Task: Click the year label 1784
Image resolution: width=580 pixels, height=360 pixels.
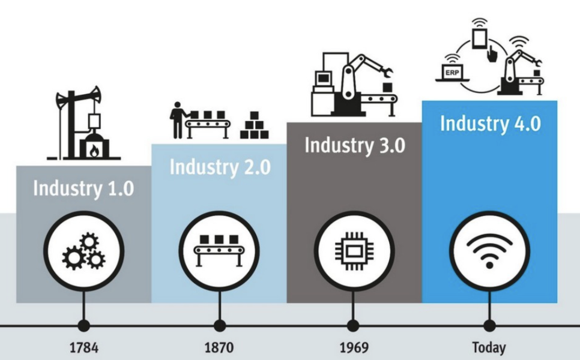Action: point(84,348)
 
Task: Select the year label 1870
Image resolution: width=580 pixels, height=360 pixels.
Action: point(219,348)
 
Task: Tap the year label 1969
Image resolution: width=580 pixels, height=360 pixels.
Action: point(354,348)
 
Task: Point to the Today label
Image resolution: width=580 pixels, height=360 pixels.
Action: point(489,348)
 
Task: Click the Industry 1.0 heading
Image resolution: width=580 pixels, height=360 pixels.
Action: point(83,188)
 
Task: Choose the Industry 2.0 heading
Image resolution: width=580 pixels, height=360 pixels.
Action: point(220,167)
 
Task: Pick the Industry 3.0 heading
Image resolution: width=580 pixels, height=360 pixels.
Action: point(355,145)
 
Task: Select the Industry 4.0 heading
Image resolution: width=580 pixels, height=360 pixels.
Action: point(491,123)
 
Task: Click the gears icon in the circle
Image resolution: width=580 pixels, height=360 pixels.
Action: point(83,251)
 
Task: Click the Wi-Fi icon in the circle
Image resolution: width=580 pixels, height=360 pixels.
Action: point(489,252)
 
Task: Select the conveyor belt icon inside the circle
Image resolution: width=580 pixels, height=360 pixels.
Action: point(219,251)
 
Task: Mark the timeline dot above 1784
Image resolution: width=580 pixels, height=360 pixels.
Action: point(84,326)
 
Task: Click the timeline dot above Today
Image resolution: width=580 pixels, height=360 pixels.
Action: point(489,326)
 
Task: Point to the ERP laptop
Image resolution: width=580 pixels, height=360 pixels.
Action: point(452,73)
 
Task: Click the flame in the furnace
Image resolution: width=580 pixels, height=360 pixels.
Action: point(94,151)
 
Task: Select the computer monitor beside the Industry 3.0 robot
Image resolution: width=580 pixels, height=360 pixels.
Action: point(323,79)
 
